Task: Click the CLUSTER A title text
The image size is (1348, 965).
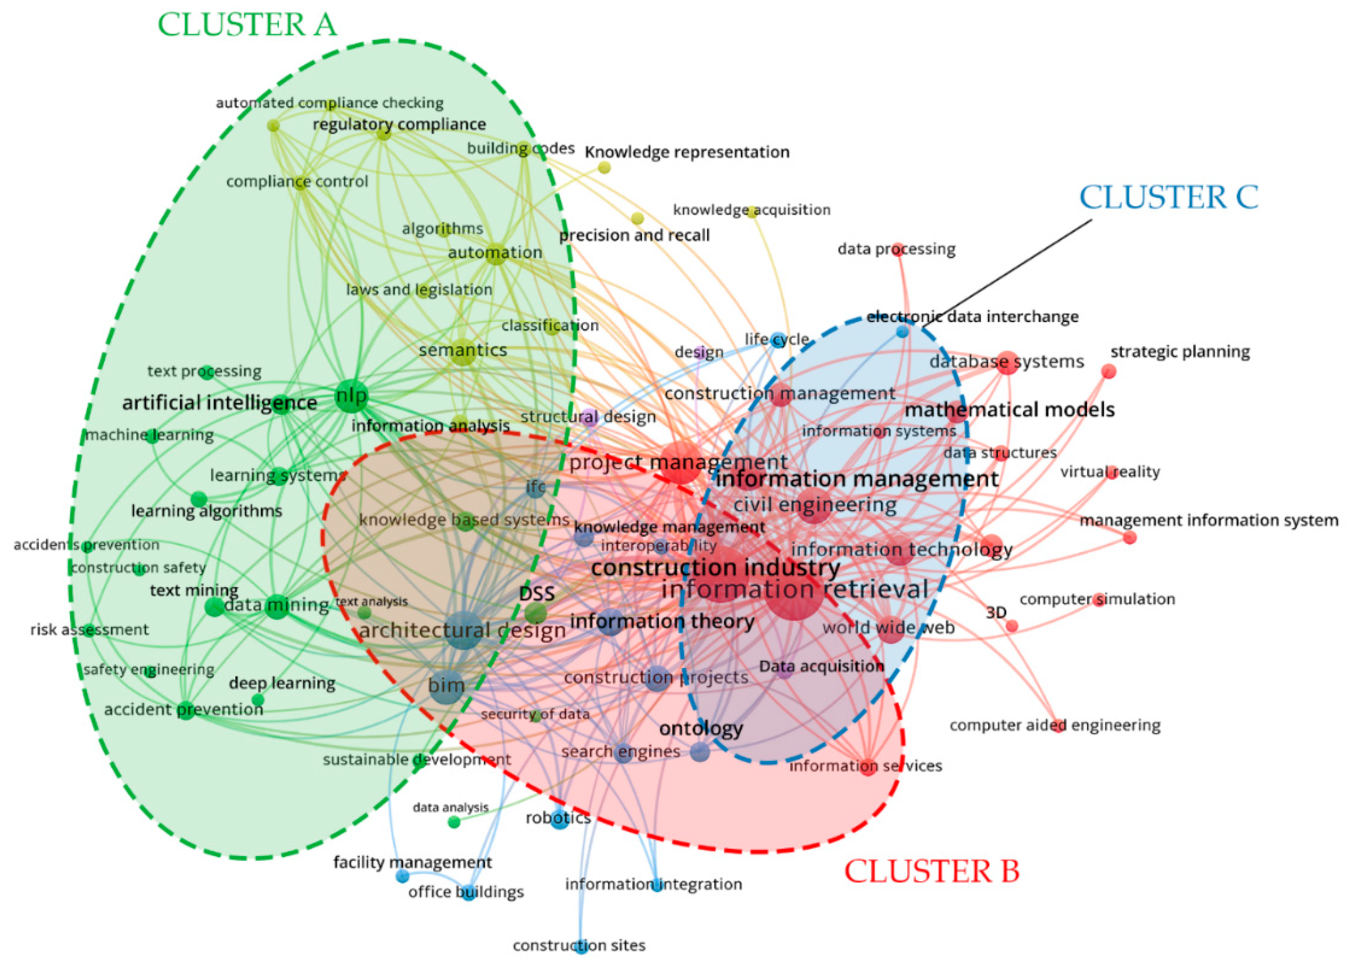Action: tap(247, 25)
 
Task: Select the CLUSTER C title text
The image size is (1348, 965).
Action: tap(1168, 197)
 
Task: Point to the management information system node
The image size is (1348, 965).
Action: tap(1129, 538)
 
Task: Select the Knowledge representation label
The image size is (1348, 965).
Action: tap(687, 152)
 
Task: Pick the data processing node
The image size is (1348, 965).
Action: tap(898, 249)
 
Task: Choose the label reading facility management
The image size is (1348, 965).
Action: tap(412, 862)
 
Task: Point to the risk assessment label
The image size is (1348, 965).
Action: tap(89, 629)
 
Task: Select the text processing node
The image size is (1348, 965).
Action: tap(207, 373)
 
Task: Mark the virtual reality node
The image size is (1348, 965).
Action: tap(1111, 473)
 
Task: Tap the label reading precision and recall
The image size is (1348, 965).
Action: tap(634, 235)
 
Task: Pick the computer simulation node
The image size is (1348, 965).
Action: tap(1099, 599)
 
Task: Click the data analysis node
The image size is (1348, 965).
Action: tap(454, 822)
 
